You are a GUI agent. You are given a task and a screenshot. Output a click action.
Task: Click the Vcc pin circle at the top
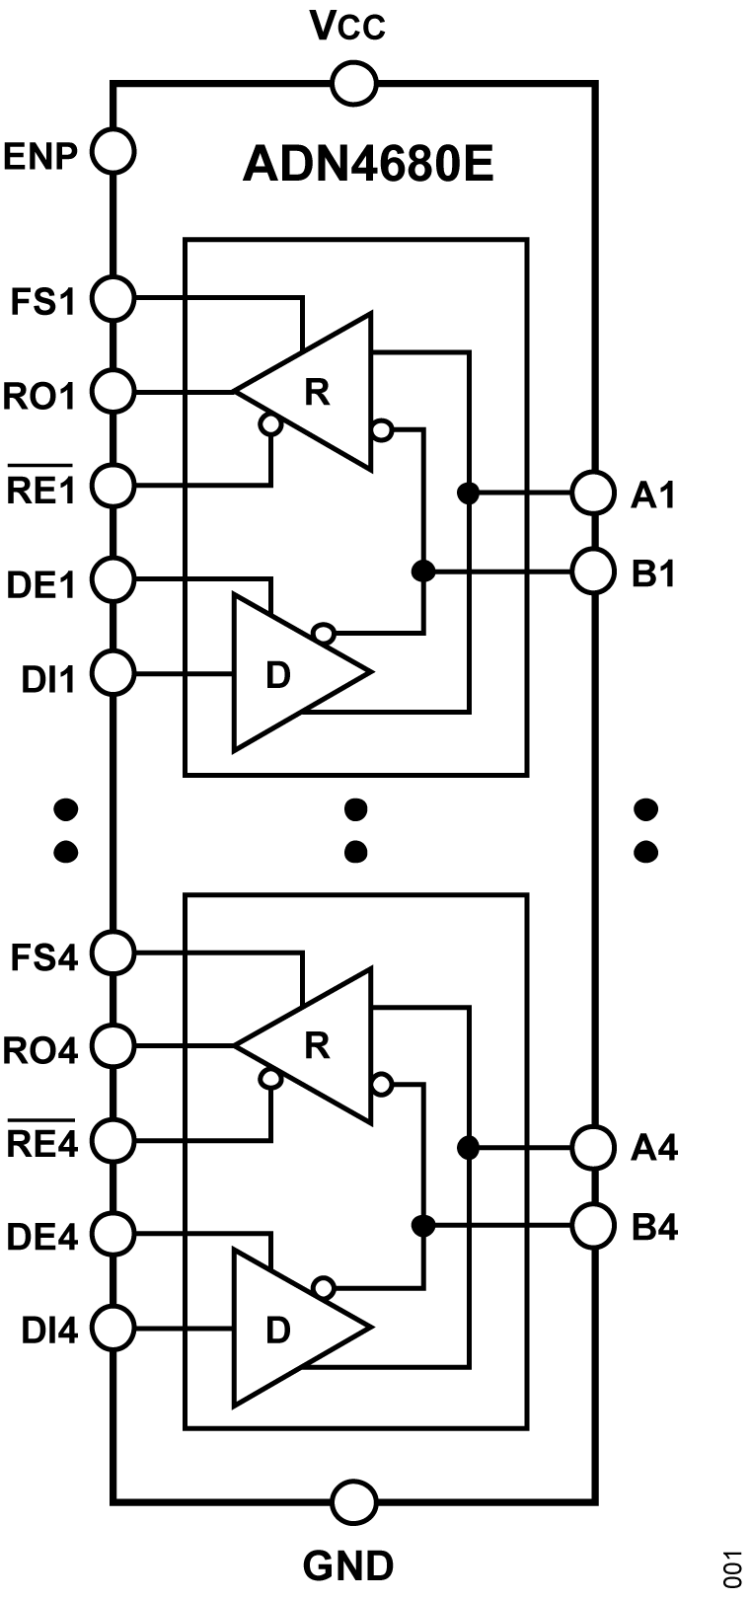(353, 84)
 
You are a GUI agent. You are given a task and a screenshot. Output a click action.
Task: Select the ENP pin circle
(112, 153)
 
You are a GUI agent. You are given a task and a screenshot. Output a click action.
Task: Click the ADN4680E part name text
(367, 165)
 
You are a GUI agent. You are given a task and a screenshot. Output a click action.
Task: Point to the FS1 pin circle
(112, 297)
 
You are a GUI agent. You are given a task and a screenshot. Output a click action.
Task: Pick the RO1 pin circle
(112, 392)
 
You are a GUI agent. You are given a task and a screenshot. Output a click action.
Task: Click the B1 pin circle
(594, 571)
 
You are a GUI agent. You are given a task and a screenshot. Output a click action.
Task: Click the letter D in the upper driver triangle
(278, 676)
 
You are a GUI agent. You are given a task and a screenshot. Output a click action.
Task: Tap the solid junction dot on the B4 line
(423, 1227)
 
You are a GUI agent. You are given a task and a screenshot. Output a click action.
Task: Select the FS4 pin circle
(112, 953)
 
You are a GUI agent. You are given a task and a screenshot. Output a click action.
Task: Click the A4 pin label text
(653, 1150)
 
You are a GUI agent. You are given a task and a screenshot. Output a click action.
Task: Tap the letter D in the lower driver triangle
(278, 1332)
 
